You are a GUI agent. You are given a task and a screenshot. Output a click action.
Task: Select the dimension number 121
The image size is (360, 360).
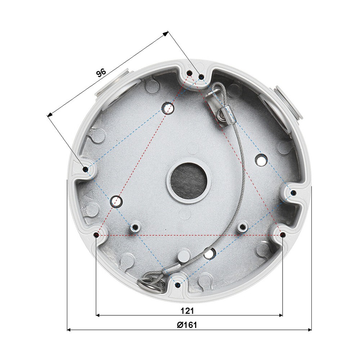(x=189, y=310)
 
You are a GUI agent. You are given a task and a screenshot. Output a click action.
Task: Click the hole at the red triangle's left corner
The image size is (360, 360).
(x=96, y=235)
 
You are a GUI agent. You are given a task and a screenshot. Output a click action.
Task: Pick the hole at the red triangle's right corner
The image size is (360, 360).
(x=283, y=235)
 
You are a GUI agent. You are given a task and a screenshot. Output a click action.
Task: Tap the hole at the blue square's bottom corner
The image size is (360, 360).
(x=177, y=284)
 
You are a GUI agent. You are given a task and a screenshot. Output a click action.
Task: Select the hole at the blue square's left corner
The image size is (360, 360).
(x=85, y=169)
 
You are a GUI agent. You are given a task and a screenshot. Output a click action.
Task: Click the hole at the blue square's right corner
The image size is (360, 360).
(x=293, y=192)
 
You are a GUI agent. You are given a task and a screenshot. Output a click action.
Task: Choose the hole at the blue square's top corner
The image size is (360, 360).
(x=201, y=77)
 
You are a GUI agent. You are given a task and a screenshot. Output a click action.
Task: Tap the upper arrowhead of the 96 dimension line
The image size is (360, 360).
(x=166, y=33)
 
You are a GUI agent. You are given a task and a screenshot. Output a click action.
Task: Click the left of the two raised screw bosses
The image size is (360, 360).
(x=135, y=227)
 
